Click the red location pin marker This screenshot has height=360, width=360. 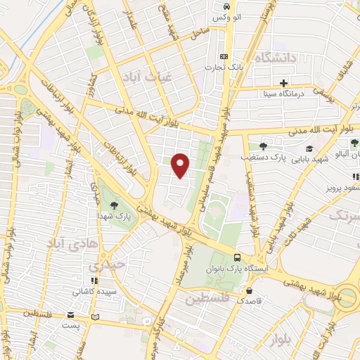(181, 165)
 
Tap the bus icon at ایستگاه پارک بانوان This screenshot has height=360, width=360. (238, 258)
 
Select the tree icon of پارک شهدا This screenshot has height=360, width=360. (114, 205)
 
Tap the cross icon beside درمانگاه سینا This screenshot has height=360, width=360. (283, 82)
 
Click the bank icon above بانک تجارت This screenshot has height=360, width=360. (224, 56)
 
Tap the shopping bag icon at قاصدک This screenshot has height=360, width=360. (249, 289)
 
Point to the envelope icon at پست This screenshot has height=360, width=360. (70, 315)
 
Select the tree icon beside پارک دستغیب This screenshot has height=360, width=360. (263, 146)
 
